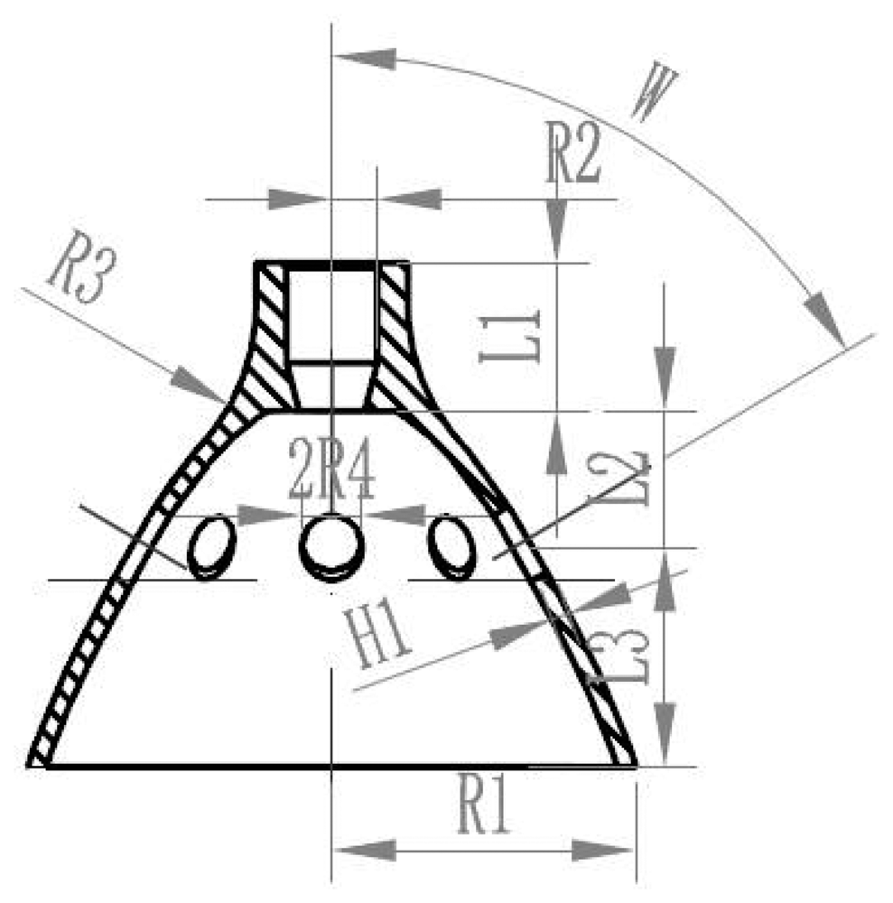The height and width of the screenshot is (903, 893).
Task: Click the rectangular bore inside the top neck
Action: coord(331,312)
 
